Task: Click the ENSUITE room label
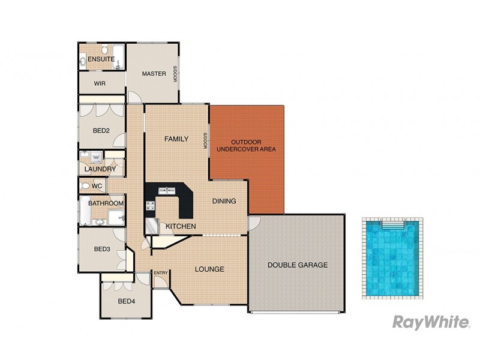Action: point(101,59)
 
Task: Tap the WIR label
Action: point(100,83)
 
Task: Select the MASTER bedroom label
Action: point(154,74)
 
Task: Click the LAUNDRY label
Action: point(100,169)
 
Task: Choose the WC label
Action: point(98,187)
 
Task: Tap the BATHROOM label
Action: point(106,203)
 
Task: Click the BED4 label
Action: point(126,301)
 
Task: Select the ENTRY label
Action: point(161,273)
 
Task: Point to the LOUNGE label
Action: point(209,269)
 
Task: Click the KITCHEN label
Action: point(181,226)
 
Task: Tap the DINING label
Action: point(224,201)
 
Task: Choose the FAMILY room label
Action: point(176,139)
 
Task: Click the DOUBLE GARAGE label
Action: point(298,265)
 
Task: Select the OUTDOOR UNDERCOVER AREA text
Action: point(246,145)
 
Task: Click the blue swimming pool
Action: point(391,258)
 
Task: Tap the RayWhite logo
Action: point(431,322)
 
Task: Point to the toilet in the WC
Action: point(85,187)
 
